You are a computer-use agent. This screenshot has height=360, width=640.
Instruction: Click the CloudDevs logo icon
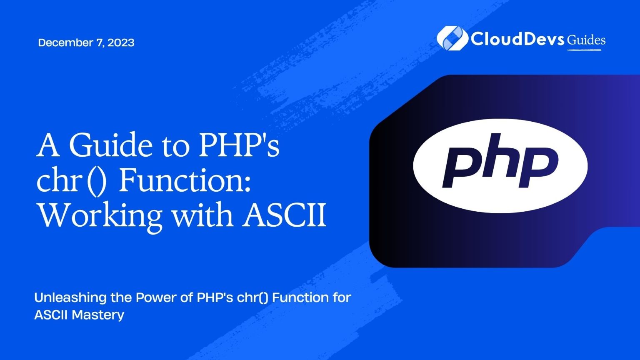450,38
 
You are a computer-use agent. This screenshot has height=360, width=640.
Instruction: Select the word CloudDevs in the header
517,39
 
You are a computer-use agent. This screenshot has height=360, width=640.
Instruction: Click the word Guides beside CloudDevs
586,40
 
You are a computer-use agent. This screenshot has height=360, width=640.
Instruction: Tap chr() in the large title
71,181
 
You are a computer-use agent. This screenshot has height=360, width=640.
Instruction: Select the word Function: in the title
185,181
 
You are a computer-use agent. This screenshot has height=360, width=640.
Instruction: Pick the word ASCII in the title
285,215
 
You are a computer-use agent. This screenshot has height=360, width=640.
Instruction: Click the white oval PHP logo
500,165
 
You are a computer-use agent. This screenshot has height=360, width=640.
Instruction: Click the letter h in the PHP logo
498,160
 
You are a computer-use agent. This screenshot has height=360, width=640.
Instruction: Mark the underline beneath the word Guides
584,50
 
